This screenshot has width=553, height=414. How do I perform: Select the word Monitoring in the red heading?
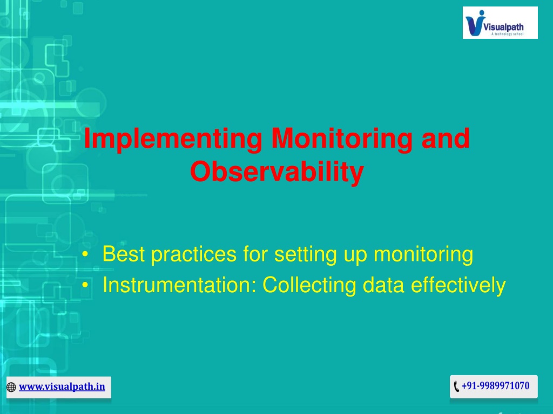coord(342,140)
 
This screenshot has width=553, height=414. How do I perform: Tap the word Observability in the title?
coord(277,172)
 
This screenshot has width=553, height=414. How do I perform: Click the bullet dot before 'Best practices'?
coord(85,254)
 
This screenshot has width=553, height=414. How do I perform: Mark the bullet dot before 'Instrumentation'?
coord(85,285)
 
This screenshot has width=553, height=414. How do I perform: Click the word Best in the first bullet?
coord(124,254)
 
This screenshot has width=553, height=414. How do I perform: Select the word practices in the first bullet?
coord(194,255)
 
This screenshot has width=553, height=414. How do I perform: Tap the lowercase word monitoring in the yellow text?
coord(423,255)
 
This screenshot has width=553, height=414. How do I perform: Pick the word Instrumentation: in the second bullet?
coord(179,285)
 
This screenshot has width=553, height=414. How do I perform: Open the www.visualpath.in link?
coord(62,387)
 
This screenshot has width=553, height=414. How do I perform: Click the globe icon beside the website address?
coord(11,387)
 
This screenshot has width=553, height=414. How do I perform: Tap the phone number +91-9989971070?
coord(496,386)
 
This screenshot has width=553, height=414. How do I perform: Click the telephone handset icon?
coord(456,386)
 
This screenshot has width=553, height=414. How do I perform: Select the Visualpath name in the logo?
coord(503,27)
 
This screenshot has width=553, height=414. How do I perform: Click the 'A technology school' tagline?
coord(507,34)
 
